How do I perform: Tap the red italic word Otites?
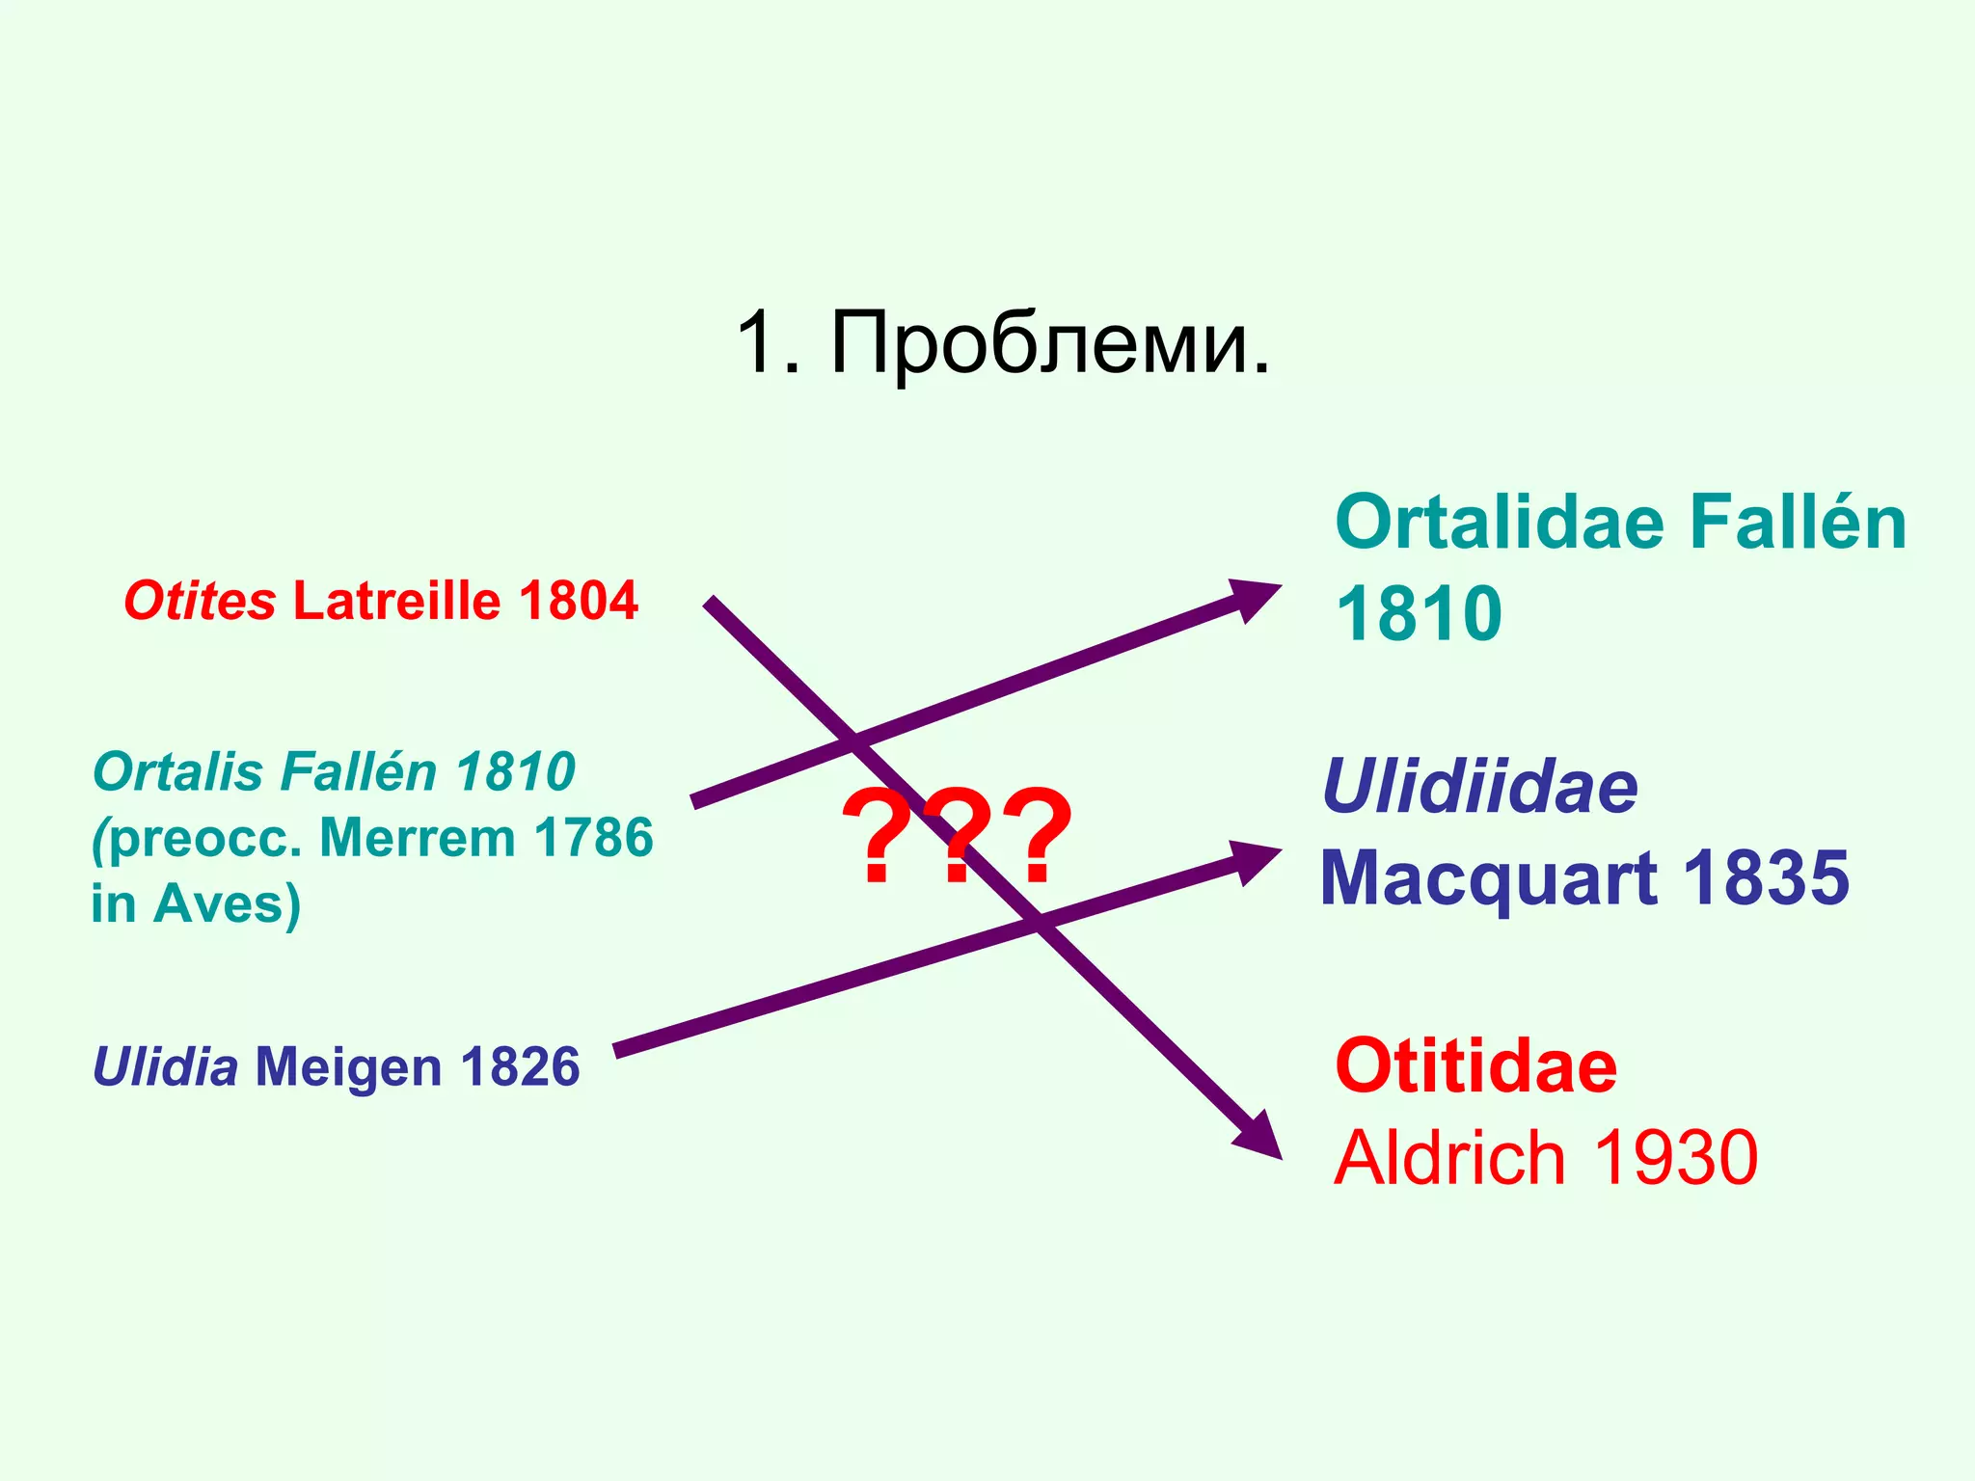200,602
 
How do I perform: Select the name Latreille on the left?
396,602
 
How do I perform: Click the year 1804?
578,602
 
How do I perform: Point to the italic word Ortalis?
176,772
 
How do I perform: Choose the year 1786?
594,837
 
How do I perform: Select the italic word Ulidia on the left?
165,1066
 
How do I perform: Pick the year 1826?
520,1066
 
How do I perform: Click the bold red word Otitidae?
1475,1066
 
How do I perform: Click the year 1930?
1676,1157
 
